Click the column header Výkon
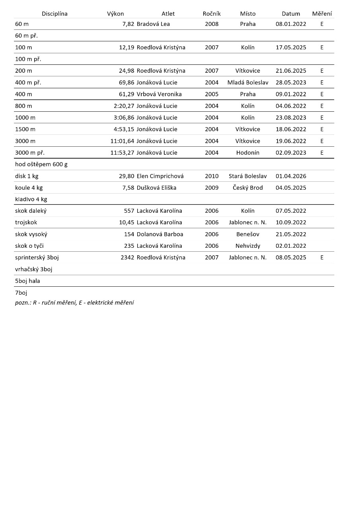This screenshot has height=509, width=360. (115, 14)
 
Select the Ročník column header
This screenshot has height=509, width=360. (212, 14)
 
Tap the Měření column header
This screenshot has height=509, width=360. (322, 14)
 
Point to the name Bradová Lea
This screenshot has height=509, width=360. (153, 24)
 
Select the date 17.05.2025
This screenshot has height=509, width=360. (291, 47)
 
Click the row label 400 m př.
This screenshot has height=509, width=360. (28, 82)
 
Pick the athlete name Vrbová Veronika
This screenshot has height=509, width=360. (159, 94)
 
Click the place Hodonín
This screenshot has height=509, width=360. (248, 153)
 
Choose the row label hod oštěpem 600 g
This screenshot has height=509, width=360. (41, 164)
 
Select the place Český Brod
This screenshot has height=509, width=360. (248, 188)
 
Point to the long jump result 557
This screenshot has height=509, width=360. (129, 211)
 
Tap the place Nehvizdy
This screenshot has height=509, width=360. (248, 246)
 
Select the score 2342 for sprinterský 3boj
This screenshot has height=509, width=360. (127, 257)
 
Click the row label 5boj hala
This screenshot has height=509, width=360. (27, 281)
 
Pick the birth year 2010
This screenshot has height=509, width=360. (212, 176)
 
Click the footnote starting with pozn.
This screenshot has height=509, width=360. (74, 303)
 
